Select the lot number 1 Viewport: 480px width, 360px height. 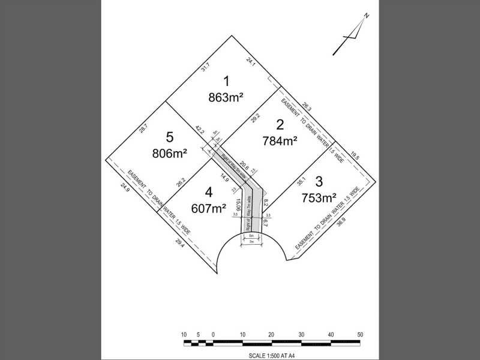click(226, 80)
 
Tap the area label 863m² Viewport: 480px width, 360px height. click(226, 97)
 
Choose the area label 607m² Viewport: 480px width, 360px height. click(208, 208)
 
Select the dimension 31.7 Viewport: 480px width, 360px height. click(205, 69)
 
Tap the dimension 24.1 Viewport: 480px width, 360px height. click(251, 60)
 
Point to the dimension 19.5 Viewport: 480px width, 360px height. click(355, 155)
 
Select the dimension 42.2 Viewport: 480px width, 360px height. click(200, 130)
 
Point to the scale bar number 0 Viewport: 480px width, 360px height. click(213, 334)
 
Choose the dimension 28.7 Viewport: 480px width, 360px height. click(143, 128)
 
